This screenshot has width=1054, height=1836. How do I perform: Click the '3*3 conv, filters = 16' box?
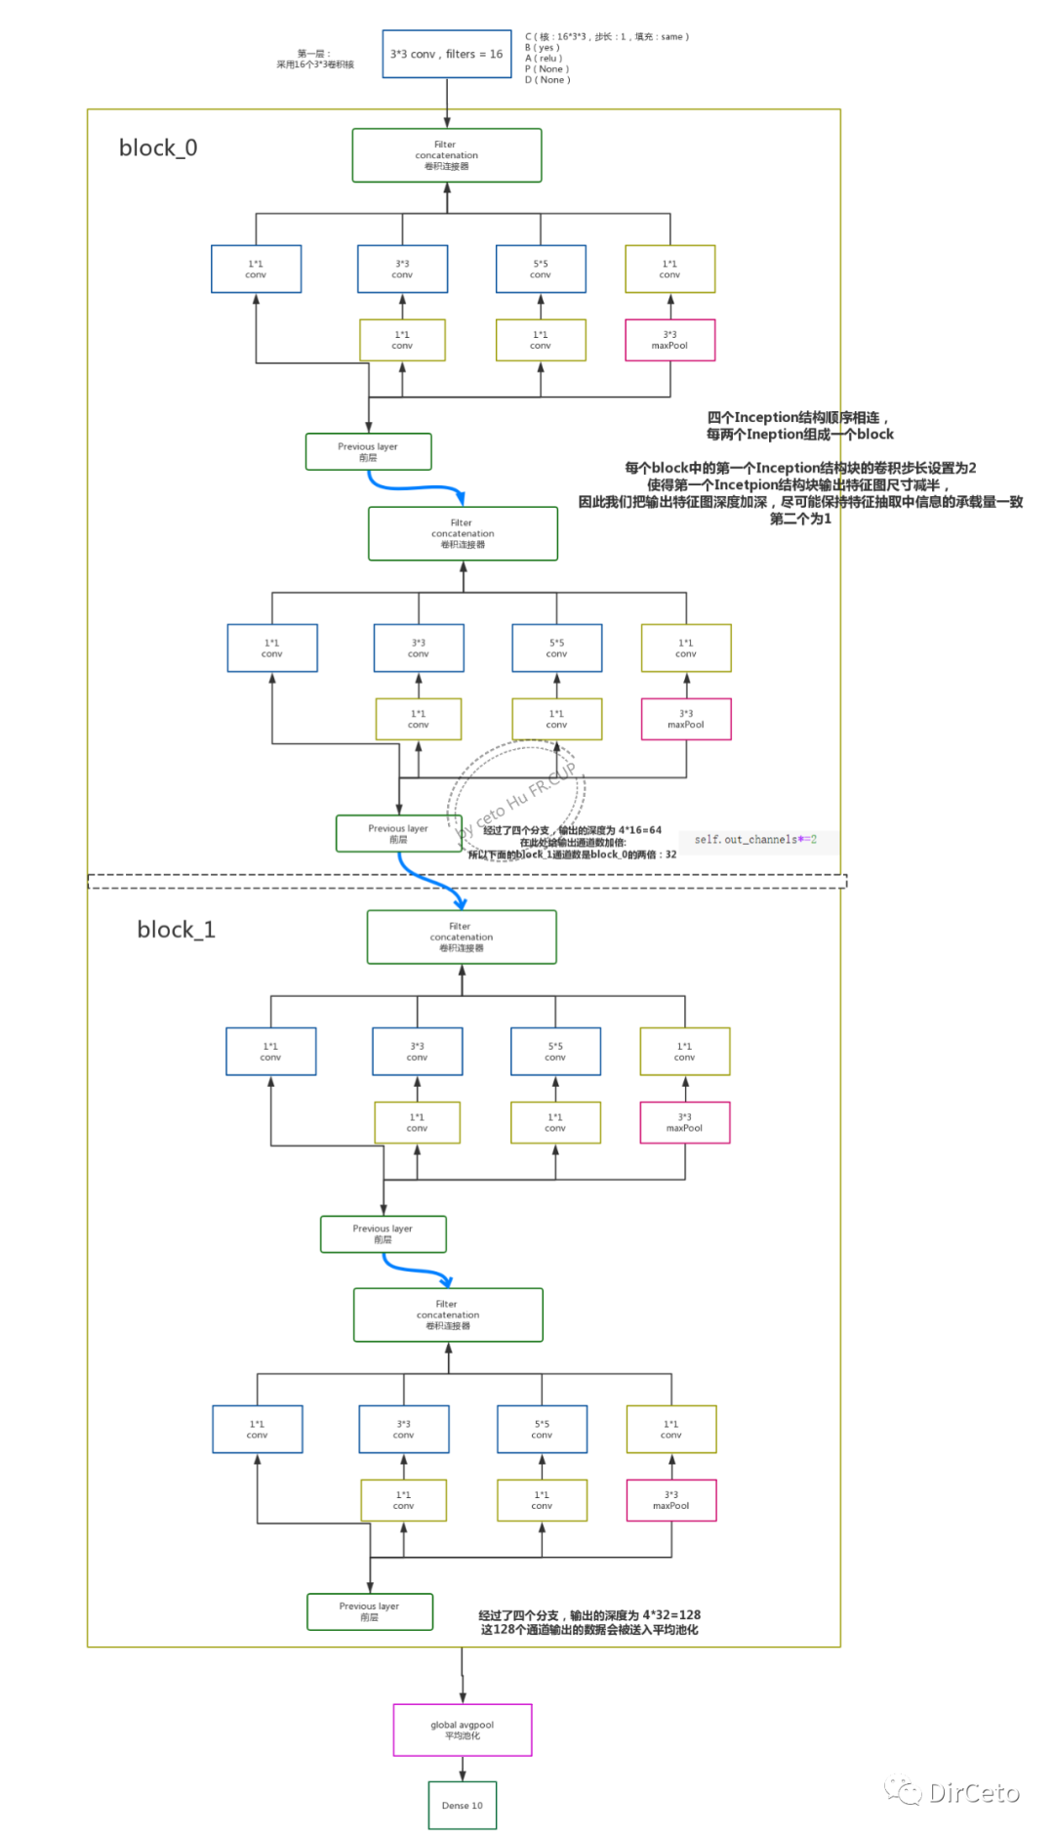tap(446, 55)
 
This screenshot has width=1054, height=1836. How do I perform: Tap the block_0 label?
tap(158, 147)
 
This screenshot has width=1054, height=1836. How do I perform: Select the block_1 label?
tap(176, 930)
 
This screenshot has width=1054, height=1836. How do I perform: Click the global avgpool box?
tap(462, 1730)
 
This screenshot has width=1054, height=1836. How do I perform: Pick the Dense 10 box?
tap(462, 1805)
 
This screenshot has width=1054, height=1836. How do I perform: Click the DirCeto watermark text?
tap(973, 1792)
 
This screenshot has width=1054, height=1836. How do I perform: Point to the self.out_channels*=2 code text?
tap(755, 839)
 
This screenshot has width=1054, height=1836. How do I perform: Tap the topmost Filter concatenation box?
tap(446, 155)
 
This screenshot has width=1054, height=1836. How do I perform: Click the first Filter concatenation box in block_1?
tap(461, 937)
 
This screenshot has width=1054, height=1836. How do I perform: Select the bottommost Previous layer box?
tap(369, 1611)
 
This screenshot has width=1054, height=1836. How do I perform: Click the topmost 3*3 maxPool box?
tap(669, 340)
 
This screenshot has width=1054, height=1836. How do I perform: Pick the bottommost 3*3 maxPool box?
tap(670, 1500)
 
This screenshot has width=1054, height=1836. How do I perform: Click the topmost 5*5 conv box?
tap(541, 270)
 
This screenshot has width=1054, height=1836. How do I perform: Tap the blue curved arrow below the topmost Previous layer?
tap(415, 486)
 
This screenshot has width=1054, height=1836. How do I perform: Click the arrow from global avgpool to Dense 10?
tap(462, 1768)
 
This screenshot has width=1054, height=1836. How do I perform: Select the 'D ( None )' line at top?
tap(547, 80)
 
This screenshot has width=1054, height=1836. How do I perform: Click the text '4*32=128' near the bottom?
tap(670, 1614)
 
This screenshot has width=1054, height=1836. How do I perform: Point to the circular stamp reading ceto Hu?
tap(517, 791)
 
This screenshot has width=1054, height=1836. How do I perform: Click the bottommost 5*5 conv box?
tap(542, 1429)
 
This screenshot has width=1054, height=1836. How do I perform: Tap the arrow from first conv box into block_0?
tap(447, 103)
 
